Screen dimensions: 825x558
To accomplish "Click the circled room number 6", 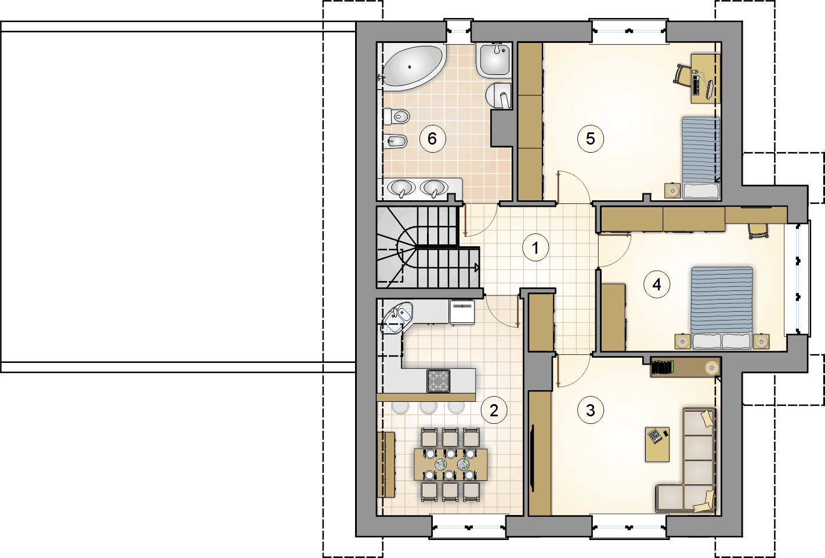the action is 433,139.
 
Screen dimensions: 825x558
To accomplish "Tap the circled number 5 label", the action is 591,139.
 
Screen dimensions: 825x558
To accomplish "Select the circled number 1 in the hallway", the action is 535,248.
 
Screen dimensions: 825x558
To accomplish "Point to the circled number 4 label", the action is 657,285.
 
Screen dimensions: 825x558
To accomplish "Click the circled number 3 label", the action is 591,410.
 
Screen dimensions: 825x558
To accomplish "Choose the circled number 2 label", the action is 494,410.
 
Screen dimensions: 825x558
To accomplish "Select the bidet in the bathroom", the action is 395,141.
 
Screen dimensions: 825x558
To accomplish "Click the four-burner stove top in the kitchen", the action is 438,381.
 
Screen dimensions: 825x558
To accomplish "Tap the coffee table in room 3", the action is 657,444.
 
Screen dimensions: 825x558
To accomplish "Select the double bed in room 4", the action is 722,308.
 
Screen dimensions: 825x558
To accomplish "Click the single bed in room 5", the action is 701,158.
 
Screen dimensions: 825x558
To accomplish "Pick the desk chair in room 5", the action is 682,75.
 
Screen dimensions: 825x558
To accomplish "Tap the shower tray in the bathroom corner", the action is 494,60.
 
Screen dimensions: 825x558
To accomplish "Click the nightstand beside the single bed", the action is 672,190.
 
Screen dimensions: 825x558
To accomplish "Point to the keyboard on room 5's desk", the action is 696,85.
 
